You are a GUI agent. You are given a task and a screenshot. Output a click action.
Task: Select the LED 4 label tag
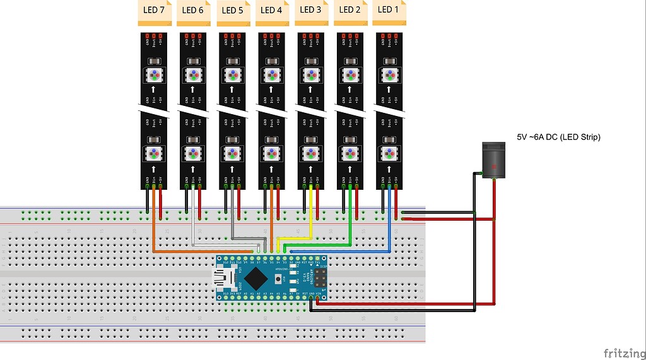(x=272, y=11)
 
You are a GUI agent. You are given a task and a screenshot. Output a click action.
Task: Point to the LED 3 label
(x=311, y=10)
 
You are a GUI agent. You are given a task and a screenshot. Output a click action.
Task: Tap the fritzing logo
(x=623, y=352)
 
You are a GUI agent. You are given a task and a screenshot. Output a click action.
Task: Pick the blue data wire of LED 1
(x=389, y=221)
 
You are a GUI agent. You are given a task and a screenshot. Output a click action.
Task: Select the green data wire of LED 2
(x=350, y=218)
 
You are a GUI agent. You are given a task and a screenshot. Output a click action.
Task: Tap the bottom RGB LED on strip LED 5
(x=232, y=153)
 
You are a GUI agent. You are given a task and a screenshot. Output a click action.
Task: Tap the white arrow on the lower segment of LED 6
(x=193, y=169)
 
